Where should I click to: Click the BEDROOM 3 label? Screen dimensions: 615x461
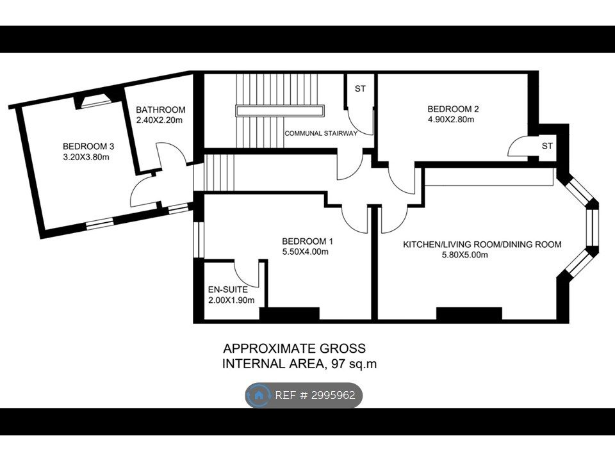[x=88, y=147]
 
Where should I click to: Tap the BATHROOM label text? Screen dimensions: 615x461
[x=160, y=109]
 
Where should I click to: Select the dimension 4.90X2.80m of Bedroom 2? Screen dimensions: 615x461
[x=450, y=120]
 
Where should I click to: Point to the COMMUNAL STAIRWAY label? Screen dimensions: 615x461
[x=321, y=133]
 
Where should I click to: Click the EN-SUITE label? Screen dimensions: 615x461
[x=228, y=289]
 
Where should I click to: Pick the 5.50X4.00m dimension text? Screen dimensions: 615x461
[x=305, y=252]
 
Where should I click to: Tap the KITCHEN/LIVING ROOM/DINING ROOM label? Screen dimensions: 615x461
[x=482, y=245]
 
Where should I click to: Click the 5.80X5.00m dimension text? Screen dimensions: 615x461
[x=465, y=255]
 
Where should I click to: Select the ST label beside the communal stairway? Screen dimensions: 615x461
[x=360, y=89]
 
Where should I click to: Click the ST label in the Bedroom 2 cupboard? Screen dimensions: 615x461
[x=547, y=146]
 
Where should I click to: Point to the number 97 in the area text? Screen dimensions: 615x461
[x=339, y=364]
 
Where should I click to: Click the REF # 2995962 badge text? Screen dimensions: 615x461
[x=315, y=395]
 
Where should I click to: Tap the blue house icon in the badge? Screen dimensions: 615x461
[x=259, y=395]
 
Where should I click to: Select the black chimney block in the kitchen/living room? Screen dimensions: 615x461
[x=469, y=314]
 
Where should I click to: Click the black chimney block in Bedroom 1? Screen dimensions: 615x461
[x=290, y=314]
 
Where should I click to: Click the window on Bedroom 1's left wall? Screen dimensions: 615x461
[x=199, y=240]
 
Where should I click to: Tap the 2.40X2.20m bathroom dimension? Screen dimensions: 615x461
[x=160, y=120]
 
